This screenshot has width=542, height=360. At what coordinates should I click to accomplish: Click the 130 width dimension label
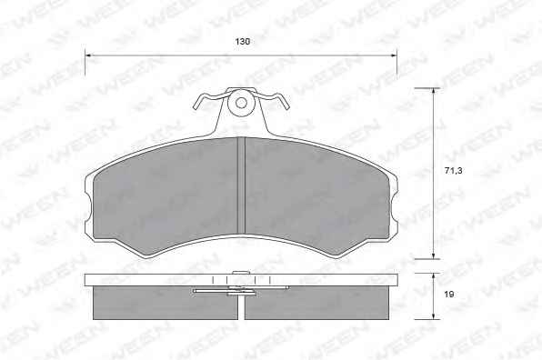[x=242, y=42]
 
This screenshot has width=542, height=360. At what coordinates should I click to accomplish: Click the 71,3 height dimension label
[x=453, y=170]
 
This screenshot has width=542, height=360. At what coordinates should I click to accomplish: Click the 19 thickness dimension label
[x=449, y=295]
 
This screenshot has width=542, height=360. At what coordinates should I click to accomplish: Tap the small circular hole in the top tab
[x=241, y=103]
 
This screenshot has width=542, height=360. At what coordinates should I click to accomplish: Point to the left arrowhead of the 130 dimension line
[x=88, y=55]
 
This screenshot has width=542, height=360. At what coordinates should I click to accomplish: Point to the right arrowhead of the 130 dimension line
[x=393, y=55]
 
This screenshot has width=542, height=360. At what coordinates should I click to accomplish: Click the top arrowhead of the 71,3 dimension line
[x=434, y=92]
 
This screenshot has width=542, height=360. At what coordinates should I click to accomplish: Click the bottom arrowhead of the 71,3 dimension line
[x=434, y=255]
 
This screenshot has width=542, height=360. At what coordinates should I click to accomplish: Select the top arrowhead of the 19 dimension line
[x=434, y=277]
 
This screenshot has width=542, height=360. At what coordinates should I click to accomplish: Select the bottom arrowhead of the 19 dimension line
[x=434, y=315]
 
